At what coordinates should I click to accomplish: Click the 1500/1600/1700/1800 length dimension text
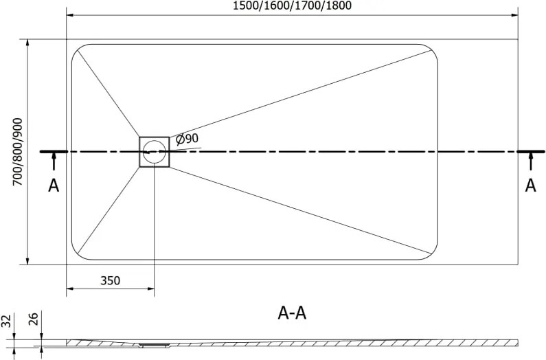(292, 5)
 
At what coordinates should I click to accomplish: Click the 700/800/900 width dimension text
(17, 152)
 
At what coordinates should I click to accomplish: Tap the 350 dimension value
(111, 280)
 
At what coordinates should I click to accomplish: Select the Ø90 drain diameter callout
(187, 139)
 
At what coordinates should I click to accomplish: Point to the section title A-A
(292, 313)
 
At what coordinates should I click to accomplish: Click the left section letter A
(54, 185)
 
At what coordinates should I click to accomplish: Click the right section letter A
(530, 185)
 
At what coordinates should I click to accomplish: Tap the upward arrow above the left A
(54, 161)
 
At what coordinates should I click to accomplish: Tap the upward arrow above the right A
(531, 161)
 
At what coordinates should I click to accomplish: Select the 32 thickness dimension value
(6, 321)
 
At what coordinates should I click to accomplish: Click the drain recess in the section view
(154, 345)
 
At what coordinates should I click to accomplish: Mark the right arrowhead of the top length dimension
(514, 15)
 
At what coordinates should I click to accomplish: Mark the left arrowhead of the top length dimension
(70, 15)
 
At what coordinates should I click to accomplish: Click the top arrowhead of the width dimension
(27, 43)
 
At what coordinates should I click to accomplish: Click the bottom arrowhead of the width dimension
(27, 260)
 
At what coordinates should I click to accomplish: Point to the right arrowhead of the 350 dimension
(150, 289)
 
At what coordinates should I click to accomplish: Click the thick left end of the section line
(54, 152)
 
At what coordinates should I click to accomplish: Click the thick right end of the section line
(531, 152)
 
